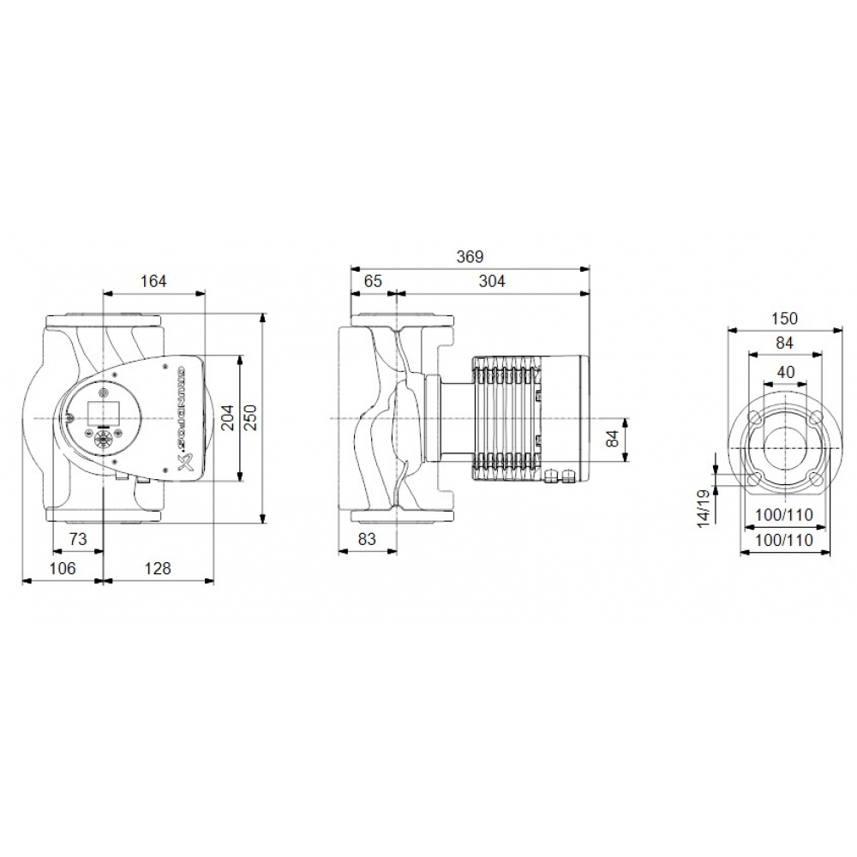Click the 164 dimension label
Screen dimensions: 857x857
pyautogui.click(x=153, y=280)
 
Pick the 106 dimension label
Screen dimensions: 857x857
pyautogui.click(x=62, y=568)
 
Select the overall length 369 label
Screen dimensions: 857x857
pyautogui.click(x=470, y=256)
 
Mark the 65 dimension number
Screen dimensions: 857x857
pyautogui.click(x=373, y=280)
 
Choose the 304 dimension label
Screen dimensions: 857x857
pyautogui.click(x=492, y=280)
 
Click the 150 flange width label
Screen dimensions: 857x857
pyautogui.click(x=783, y=318)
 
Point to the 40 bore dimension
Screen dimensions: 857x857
pyautogui.click(x=783, y=372)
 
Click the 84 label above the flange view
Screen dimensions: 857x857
pyautogui.click(x=783, y=343)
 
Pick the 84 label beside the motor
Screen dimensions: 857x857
pyautogui.click(x=610, y=440)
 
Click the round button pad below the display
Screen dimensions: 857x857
pyautogui.click(x=101, y=440)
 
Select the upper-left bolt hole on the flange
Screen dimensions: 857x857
pyautogui.click(x=756, y=418)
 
